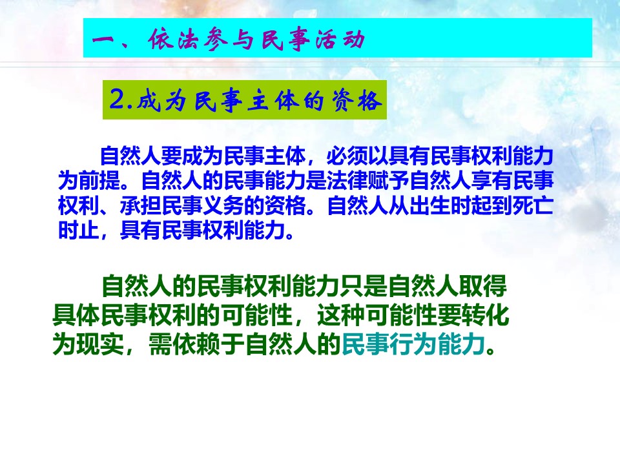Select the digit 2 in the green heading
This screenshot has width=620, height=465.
(117, 99)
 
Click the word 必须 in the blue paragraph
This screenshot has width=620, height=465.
(347, 156)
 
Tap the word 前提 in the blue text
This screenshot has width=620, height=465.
(99, 181)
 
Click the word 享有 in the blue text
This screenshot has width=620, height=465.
(491, 181)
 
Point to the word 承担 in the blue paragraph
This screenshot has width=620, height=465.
(141, 205)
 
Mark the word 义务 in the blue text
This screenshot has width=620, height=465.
(223, 205)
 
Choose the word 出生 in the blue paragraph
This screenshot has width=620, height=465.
(430, 205)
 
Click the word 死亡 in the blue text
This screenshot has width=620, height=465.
(533, 205)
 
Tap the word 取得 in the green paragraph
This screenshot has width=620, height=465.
(483, 286)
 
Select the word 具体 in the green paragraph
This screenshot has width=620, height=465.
(77, 315)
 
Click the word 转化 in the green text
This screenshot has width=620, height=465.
(485, 315)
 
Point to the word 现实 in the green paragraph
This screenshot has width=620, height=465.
(101, 344)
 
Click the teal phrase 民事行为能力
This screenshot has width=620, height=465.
(413, 344)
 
